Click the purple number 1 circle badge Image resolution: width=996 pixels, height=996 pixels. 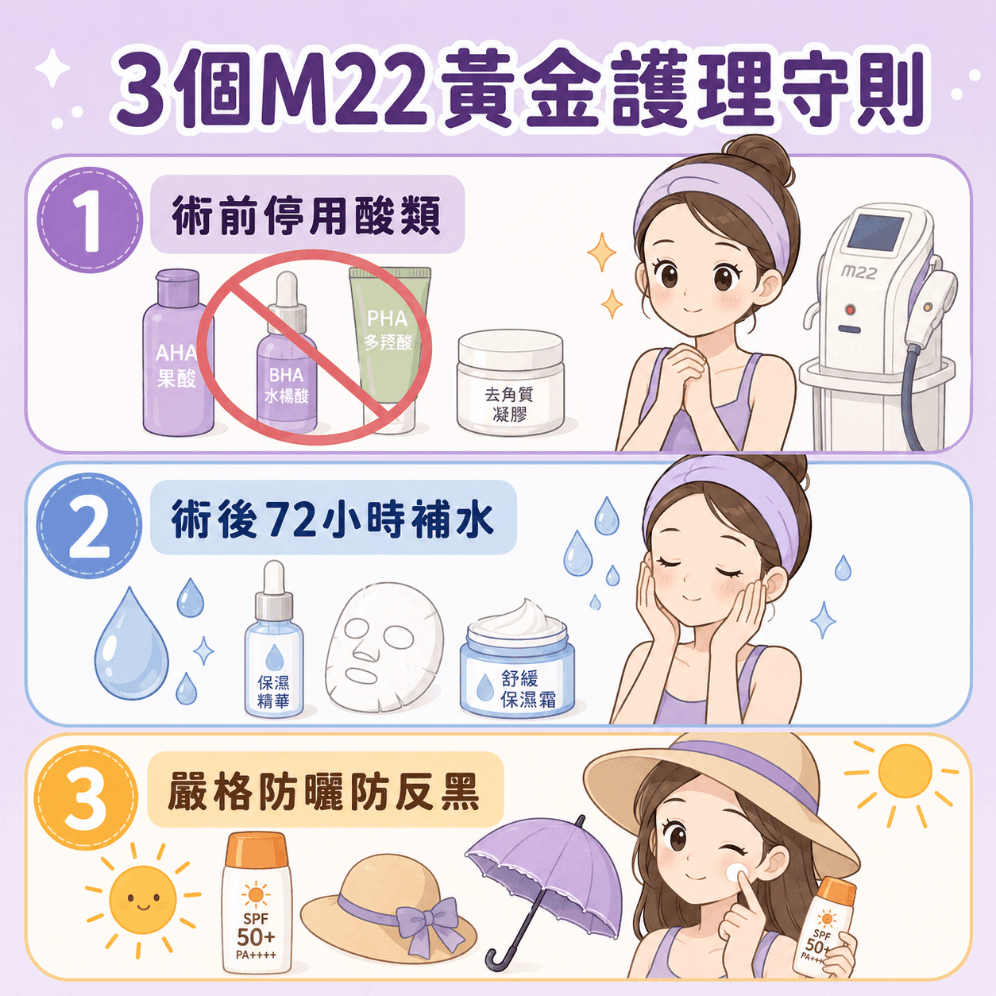pyautogui.click(x=90, y=220)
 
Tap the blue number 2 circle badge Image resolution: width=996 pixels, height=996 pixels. pyautogui.click(x=90, y=525)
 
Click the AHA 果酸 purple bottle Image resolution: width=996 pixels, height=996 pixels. pyautogui.click(x=178, y=352)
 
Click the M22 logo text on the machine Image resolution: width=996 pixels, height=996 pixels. pyautogui.click(x=859, y=272)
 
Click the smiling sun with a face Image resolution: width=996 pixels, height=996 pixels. pyautogui.click(x=142, y=900)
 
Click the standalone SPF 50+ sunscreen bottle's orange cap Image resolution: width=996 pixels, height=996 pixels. pyautogui.click(x=256, y=849)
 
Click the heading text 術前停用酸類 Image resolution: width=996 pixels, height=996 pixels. pyautogui.click(x=307, y=215)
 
